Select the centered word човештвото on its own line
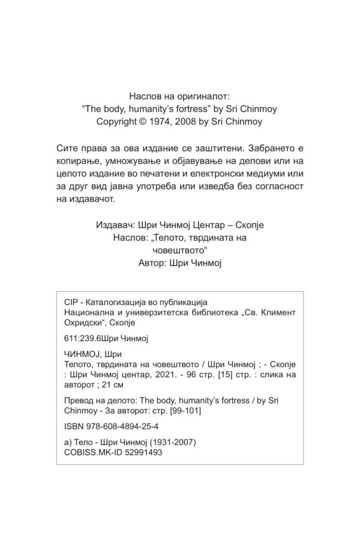point(180,252)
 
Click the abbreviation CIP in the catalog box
point(71,303)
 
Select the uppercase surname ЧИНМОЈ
point(80,354)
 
